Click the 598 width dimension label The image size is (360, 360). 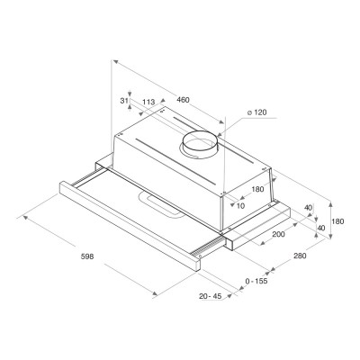pos(87,256)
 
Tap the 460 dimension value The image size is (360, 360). pos(183,100)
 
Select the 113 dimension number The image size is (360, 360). pos(148,102)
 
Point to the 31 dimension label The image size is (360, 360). pos(124,101)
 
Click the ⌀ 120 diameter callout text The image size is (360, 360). pos(256,112)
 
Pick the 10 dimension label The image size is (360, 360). pos(240,206)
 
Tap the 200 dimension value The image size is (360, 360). pos(279,234)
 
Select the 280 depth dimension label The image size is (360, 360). pos(300,256)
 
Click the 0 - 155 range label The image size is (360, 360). pos(256,282)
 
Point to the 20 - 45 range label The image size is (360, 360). pos(210,296)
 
